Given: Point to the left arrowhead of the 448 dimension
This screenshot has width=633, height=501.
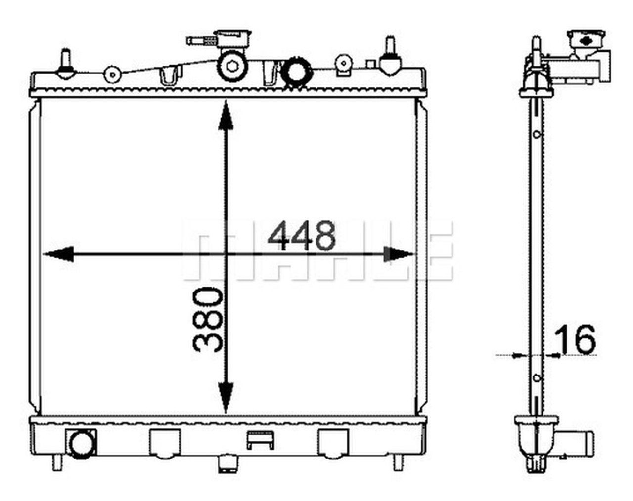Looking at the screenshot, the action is tap(58, 254).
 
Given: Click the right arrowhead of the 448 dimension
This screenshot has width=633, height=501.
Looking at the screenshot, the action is tap(399, 254).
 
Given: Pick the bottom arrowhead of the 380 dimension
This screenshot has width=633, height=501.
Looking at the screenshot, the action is tap(226, 398).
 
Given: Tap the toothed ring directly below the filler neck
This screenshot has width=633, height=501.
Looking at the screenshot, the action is tap(232, 67).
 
